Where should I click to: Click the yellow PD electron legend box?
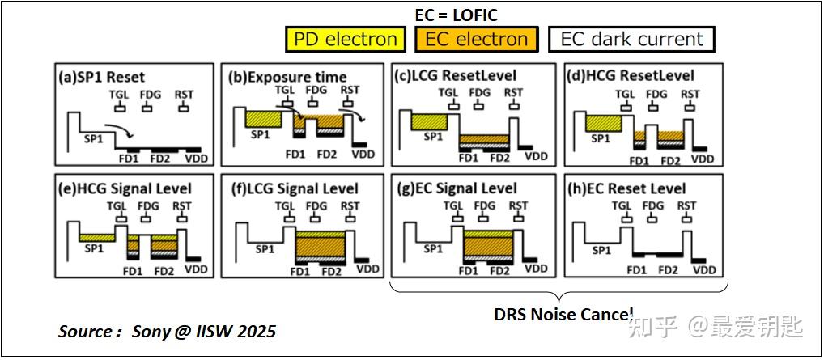click(x=346, y=40)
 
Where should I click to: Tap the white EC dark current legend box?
click(x=631, y=40)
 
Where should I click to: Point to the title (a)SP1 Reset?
click(x=100, y=76)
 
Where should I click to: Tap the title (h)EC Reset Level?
click(x=626, y=188)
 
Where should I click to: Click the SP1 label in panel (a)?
click(x=95, y=140)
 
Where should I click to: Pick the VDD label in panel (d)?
click(x=703, y=159)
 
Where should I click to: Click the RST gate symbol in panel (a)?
click(x=183, y=108)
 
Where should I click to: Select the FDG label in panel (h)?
click(x=652, y=205)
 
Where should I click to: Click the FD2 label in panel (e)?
click(x=164, y=271)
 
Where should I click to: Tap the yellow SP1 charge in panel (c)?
click(x=429, y=122)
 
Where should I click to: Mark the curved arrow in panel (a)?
click(x=119, y=129)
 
